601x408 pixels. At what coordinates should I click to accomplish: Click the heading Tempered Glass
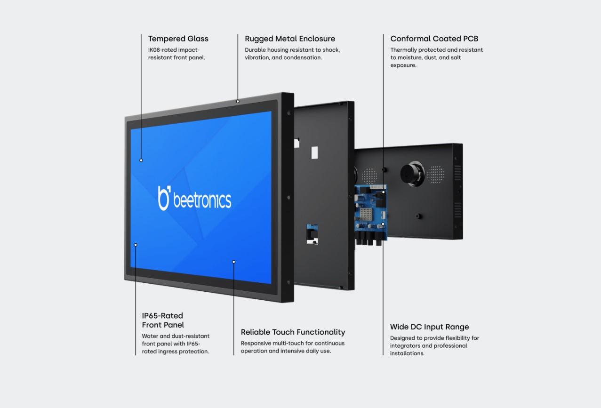tap(178, 39)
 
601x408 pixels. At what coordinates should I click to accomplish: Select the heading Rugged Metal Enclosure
tap(290, 39)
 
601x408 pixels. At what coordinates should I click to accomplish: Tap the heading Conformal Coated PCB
tap(434, 39)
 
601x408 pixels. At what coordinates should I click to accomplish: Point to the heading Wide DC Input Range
tap(429, 327)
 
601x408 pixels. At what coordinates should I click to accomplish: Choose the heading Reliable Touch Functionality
tap(293, 332)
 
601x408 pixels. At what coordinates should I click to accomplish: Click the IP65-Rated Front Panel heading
tap(163, 320)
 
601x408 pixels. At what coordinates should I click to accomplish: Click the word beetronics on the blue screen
tap(202, 200)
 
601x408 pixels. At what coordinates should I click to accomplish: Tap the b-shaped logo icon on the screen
tap(164, 198)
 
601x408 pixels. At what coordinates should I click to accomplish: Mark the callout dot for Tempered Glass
tap(141, 160)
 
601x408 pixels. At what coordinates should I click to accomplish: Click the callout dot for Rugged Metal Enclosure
tap(238, 101)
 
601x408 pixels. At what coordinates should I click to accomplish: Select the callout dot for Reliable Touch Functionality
tap(234, 262)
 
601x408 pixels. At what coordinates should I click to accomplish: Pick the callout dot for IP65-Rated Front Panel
tap(136, 245)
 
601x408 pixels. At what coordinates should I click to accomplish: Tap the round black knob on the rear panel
tap(412, 174)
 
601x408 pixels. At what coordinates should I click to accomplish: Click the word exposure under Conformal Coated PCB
tap(403, 65)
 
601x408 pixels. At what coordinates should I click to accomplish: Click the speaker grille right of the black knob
tap(436, 175)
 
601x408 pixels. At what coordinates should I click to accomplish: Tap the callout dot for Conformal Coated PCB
tap(383, 192)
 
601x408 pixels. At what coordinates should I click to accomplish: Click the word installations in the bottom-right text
tap(407, 353)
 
